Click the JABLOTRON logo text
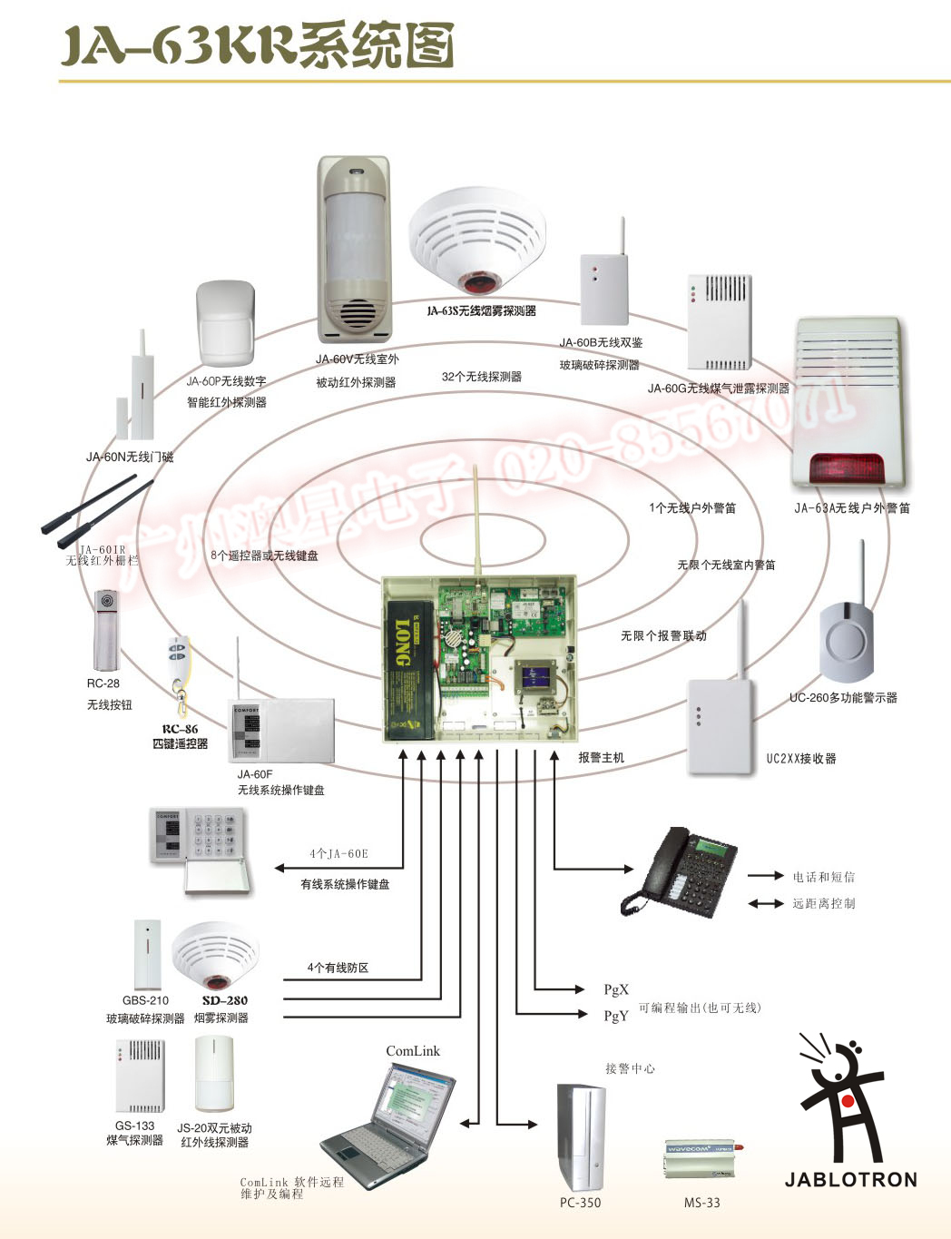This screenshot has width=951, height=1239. [x=850, y=1179]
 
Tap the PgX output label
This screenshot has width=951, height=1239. [x=616, y=989]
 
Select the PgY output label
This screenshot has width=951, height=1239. [x=616, y=1016]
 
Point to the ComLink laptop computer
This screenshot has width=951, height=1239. [x=389, y=1126]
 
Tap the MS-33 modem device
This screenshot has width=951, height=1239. [x=700, y=1161]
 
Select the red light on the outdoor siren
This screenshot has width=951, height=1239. [x=847, y=468]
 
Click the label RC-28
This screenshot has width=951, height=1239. [x=103, y=683]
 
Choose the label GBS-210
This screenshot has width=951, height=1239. [x=146, y=1000]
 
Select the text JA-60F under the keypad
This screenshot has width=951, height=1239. [x=255, y=774]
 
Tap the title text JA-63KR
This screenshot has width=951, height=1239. [x=178, y=44]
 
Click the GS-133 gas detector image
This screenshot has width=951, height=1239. [x=140, y=1076]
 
